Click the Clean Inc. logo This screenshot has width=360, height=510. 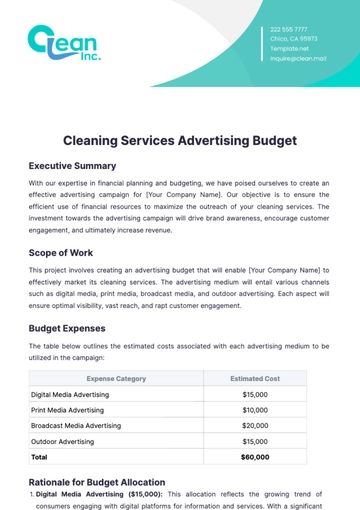pyautogui.click(x=63, y=45)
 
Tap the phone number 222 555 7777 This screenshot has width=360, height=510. pyautogui.click(x=289, y=30)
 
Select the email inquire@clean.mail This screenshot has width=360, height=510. pyautogui.click(x=298, y=58)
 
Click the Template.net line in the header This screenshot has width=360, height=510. pyautogui.click(x=290, y=49)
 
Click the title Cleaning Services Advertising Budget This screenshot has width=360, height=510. pyautogui.click(x=180, y=141)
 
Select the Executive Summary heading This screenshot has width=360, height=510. pyautogui.click(x=72, y=166)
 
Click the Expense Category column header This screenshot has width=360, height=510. pyautogui.click(x=116, y=379)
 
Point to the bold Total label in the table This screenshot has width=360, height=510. pyautogui.click(x=40, y=456)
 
